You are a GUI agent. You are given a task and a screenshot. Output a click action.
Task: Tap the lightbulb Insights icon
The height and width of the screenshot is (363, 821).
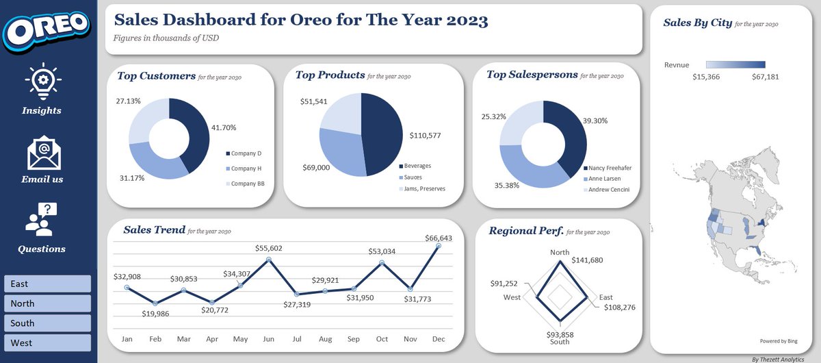[42, 81]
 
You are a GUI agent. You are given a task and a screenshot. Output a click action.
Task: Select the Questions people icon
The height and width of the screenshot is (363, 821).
[42, 219]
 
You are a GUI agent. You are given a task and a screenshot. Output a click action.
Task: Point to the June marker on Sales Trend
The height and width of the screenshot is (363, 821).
[268, 260]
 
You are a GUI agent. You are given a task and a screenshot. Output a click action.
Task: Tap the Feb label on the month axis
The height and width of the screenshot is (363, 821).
[155, 338]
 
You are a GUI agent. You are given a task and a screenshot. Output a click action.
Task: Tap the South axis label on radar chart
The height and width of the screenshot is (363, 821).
[560, 342]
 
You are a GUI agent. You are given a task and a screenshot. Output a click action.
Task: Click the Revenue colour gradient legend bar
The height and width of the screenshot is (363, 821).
[735, 64]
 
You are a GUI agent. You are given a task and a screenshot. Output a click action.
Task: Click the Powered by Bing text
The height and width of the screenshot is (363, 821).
[779, 340]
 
